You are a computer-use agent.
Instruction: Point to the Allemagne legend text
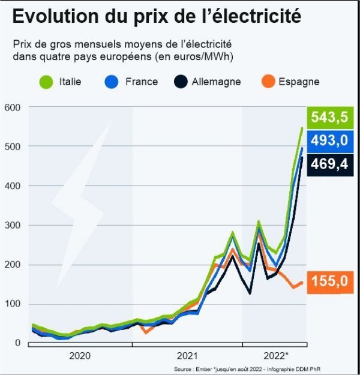216,82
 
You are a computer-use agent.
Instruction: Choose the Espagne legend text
299,82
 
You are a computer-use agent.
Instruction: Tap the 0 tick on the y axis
17,343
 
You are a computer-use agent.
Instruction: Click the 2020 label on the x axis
80,355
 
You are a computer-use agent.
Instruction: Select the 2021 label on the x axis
188,355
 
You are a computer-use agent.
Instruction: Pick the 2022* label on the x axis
276,355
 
